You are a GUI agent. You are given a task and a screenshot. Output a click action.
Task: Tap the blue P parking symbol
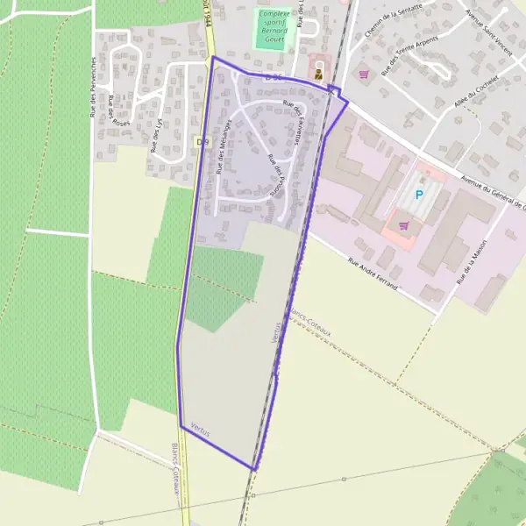419,195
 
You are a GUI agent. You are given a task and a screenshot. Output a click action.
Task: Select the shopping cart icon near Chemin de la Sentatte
363,75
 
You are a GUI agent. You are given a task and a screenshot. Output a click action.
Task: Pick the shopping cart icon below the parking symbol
403,225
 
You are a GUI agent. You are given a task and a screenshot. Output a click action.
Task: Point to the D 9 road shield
203,141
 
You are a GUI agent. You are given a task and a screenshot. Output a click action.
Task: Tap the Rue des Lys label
158,137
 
